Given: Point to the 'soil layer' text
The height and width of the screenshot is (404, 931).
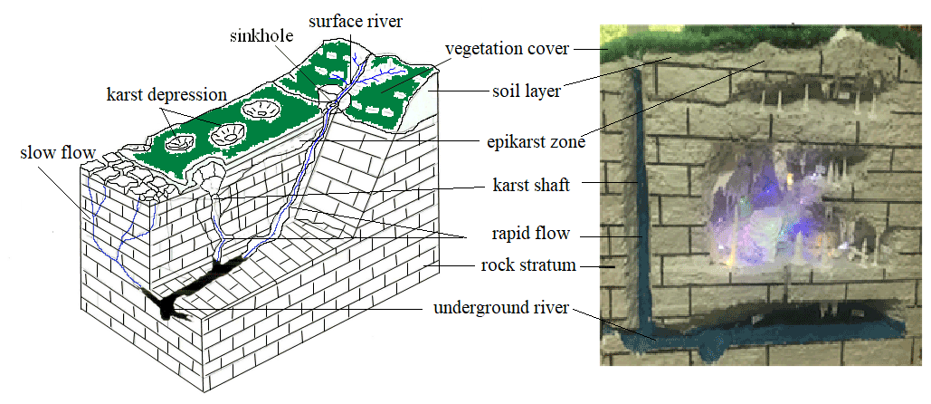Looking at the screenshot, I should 527,91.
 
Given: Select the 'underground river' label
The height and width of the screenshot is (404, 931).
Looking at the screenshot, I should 500,308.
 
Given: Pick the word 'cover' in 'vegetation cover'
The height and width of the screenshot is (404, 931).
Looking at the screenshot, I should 548,49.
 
